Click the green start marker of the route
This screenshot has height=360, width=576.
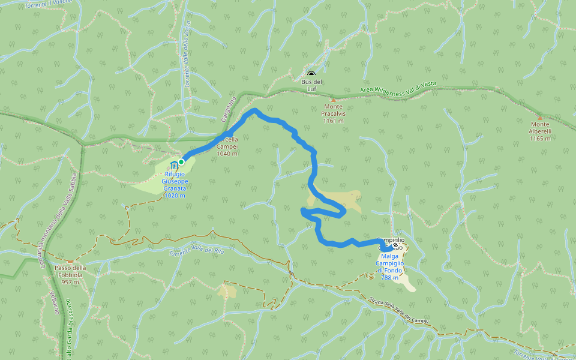click(x=181, y=161)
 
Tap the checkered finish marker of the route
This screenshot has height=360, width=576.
click(x=396, y=245)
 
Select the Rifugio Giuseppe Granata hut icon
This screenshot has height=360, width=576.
click(x=174, y=165)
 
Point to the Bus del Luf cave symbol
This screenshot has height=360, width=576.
click(x=311, y=73)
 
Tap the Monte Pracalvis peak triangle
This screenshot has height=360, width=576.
click(x=333, y=100)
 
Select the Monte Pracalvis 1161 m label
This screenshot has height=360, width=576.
click(x=332, y=113)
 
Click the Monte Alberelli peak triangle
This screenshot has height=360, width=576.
click(x=540, y=118)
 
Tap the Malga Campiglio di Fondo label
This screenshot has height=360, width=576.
click(x=389, y=267)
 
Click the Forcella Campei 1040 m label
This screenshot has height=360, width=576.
click(x=227, y=146)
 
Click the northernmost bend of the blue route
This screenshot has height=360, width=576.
click(x=255, y=110)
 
